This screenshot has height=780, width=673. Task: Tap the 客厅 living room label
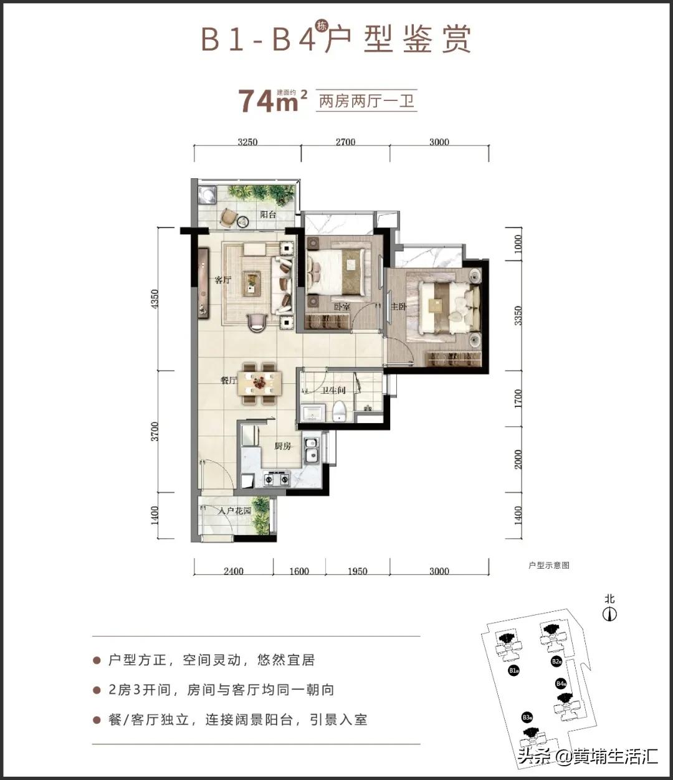pyautogui.click(x=222, y=280)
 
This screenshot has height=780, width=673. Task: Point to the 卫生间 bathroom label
pyautogui.click(x=333, y=391)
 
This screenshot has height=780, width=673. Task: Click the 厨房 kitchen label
pyautogui.click(x=283, y=446)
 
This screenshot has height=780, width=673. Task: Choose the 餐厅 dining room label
pyautogui.click(x=228, y=381)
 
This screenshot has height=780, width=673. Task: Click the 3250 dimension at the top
pyautogui.click(x=247, y=142)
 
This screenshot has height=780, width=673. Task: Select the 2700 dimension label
pyautogui.click(x=345, y=142)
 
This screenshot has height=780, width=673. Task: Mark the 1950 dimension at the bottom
pyautogui.click(x=356, y=571)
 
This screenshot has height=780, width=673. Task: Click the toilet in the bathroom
pyautogui.click(x=339, y=411)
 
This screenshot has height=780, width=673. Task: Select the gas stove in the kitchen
pyautogui.click(x=277, y=478)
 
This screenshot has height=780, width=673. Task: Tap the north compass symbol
pyautogui.click(x=609, y=614)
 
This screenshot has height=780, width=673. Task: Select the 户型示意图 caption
pyautogui.click(x=548, y=566)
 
